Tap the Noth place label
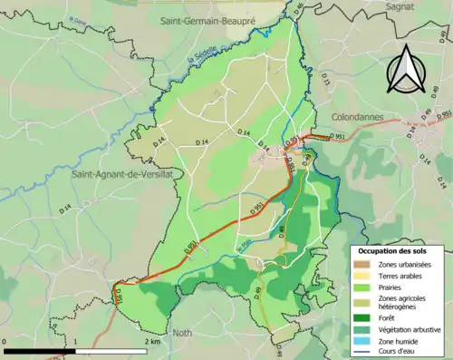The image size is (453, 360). (x=185, y=332)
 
